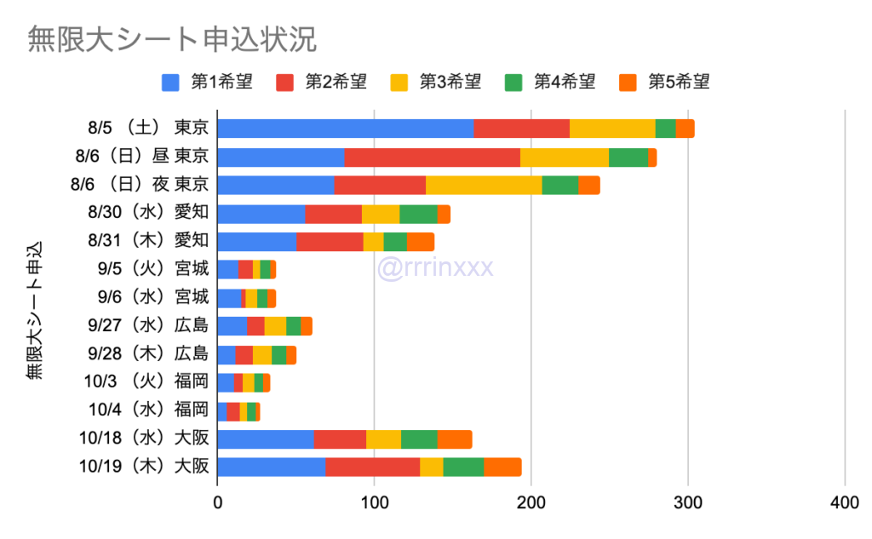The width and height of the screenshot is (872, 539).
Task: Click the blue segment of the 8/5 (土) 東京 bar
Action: coord(345,129)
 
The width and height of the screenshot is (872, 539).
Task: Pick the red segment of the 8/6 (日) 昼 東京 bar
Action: coord(432,158)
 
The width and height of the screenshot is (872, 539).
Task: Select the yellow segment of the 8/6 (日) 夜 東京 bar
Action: coord(484,186)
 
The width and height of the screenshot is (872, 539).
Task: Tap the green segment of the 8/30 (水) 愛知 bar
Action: coord(418,214)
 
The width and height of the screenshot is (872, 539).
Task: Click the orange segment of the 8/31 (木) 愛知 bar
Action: coord(421,242)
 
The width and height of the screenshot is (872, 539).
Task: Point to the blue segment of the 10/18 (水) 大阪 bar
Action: coord(266,439)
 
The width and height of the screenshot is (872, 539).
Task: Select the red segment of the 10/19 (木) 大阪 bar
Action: coord(372,467)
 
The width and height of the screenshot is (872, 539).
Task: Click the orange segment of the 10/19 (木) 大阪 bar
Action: coord(502,467)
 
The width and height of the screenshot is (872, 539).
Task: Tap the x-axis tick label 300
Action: coord(688,504)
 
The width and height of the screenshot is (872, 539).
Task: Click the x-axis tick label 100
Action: coord(375,504)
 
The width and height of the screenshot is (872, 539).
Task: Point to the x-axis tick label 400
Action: coord(845,504)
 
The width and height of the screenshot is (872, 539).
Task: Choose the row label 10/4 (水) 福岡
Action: coord(147,410)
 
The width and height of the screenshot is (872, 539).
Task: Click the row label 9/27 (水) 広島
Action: coord(147,325)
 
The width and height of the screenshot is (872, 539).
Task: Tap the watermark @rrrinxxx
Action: coord(435,268)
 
